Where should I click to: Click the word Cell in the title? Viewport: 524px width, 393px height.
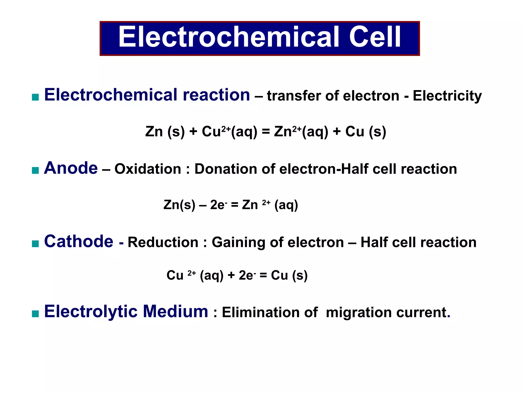point(375,37)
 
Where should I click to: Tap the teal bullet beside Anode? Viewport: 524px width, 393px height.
point(35,170)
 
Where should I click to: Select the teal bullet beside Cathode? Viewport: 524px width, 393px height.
point(35,244)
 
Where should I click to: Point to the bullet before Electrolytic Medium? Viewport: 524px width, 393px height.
point(35,314)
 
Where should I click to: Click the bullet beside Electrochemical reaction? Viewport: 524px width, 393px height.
point(35,97)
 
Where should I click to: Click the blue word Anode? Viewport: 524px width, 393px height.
point(71,168)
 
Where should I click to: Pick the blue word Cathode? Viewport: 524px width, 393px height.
point(79,242)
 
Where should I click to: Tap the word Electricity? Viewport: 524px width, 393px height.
point(447,96)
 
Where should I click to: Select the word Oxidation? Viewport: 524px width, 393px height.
point(148,169)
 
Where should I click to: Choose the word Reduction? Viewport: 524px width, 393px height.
point(163,242)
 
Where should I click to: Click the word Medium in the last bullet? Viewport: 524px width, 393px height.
point(175,312)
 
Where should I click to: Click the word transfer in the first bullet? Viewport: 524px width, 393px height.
point(294,96)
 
